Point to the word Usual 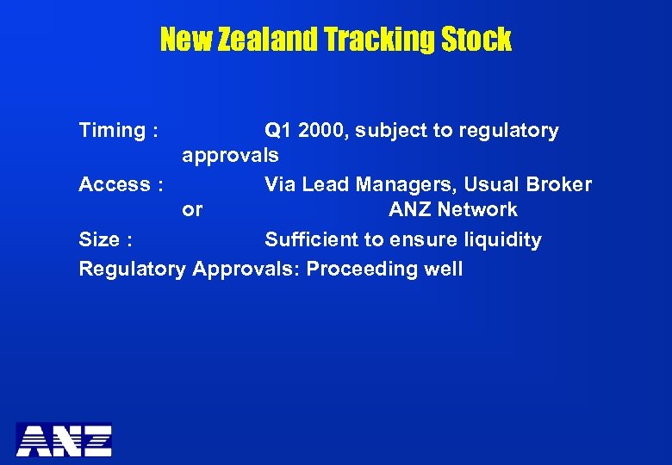pyautogui.click(x=491, y=184)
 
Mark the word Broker pyautogui.click(x=558, y=184)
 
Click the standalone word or pyautogui.click(x=192, y=210)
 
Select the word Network pyautogui.click(x=477, y=210)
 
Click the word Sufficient pyautogui.click(x=312, y=239)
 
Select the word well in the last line pyautogui.click(x=443, y=269)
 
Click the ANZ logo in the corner pyautogui.click(x=65, y=439)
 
